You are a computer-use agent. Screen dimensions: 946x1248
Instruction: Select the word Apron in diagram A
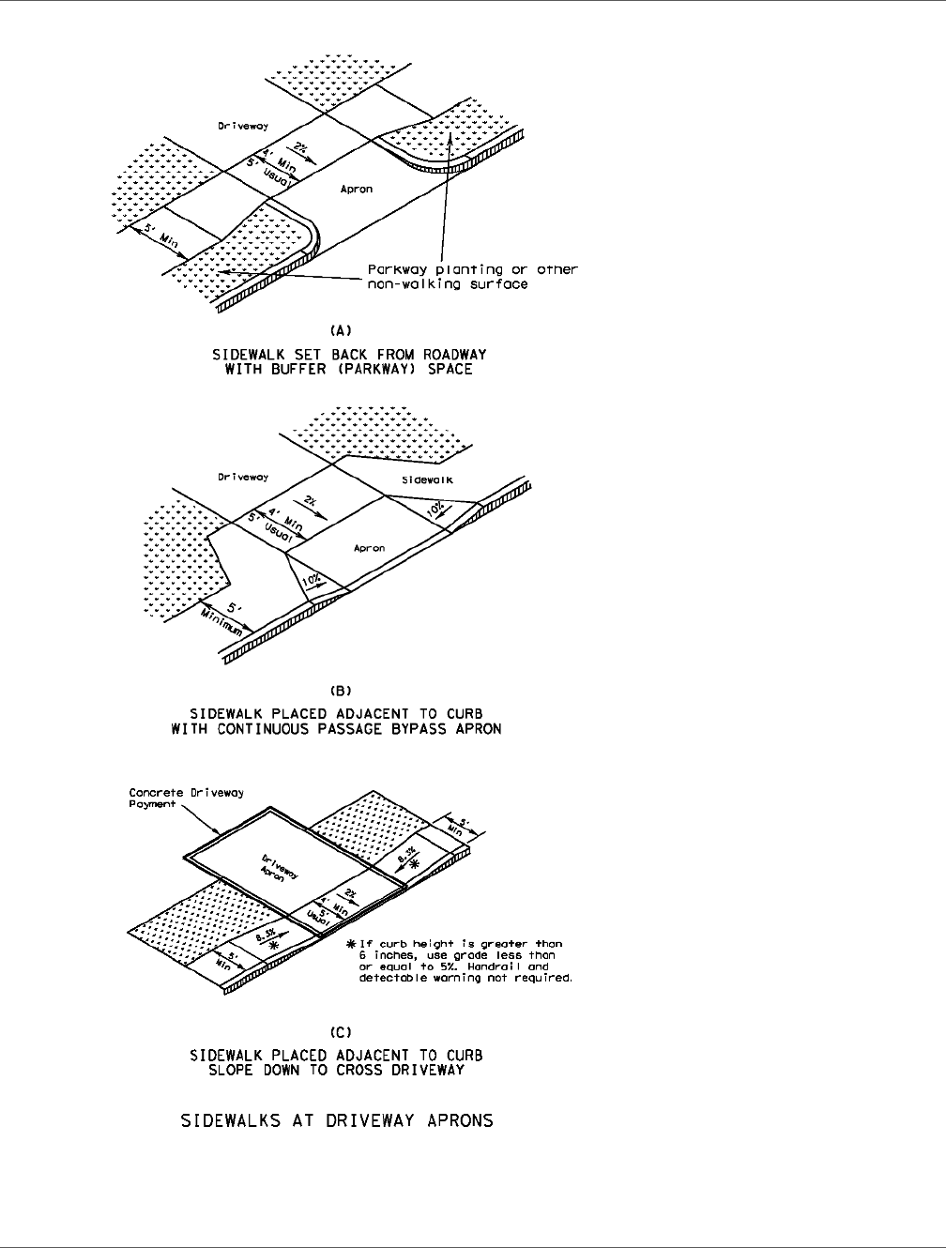coord(357,189)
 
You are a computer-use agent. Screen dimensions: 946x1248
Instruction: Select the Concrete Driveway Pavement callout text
coord(186,798)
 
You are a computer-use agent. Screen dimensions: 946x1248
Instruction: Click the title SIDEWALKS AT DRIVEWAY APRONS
coord(337,1120)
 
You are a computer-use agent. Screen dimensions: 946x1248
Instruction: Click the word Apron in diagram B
coord(368,548)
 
